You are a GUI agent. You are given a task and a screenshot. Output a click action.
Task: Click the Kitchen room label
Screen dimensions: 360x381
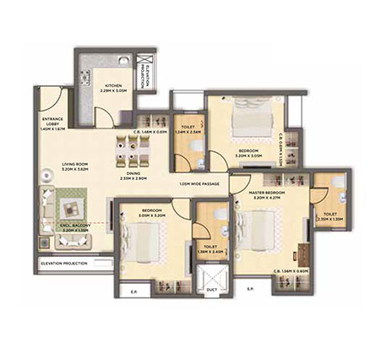coord(114,89)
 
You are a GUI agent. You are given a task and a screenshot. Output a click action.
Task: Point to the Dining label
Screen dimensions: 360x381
coord(133,176)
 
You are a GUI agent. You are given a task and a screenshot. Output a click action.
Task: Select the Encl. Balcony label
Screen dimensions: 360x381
coord(76,227)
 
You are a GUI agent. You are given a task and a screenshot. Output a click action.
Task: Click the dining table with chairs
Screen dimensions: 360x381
coord(133,155)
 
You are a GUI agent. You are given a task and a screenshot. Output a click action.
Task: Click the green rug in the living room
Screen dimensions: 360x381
coord(70,203)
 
